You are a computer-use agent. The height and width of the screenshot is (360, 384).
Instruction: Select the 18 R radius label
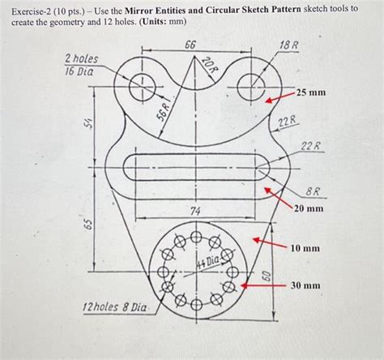pyautogui.click(x=288, y=45)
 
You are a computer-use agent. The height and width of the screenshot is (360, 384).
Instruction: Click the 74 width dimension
pyautogui.click(x=195, y=211)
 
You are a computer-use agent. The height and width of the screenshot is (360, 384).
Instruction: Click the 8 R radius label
pyautogui.click(x=312, y=192)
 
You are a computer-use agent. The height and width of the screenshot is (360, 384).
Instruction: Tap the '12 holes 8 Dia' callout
pyautogui.click(x=116, y=308)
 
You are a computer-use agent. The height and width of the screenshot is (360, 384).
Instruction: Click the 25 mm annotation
pyautogui.click(x=311, y=93)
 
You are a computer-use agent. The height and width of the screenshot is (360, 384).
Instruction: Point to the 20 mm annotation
pyautogui.click(x=309, y=208)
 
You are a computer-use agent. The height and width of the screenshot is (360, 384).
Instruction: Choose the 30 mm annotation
pyautogui.click(x=308, y=285)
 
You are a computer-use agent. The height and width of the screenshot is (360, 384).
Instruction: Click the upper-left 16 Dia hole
pyautogui.click(x=143, y=83)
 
